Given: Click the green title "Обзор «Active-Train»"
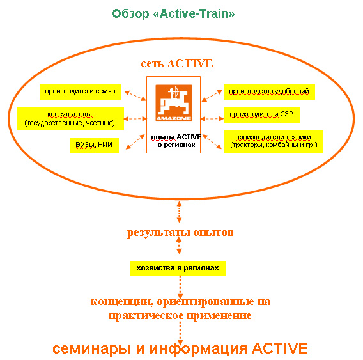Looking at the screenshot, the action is [173, 13].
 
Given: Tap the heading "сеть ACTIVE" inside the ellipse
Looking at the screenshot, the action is [177, 63].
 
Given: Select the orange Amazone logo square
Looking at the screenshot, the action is [174, 103].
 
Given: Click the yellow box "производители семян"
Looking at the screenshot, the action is [80, 92].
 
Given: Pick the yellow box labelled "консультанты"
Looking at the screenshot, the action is [70, 118].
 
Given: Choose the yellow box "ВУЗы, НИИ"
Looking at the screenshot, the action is [95, 146].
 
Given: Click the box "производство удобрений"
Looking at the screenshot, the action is [269, 92].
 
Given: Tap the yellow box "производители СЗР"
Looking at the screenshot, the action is [262, 115].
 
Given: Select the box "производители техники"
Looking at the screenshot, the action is [274, 142].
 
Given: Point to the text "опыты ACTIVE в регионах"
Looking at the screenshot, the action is [176, 141].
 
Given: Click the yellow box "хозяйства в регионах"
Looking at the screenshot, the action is [178, 269].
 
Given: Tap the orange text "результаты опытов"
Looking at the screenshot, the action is [180, 233].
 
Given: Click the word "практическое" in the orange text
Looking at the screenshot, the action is [146, 316].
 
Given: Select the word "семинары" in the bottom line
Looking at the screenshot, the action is [91, 349].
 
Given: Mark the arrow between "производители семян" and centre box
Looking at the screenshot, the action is [135, 96].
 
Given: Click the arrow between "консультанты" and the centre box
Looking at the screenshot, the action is [135, 119].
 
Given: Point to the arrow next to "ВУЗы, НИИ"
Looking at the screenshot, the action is [135, 142].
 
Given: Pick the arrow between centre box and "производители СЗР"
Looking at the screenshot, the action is [212, 119].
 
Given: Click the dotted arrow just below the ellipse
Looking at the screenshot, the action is [179, 212].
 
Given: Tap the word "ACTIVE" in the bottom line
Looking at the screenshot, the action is [280, 348].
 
